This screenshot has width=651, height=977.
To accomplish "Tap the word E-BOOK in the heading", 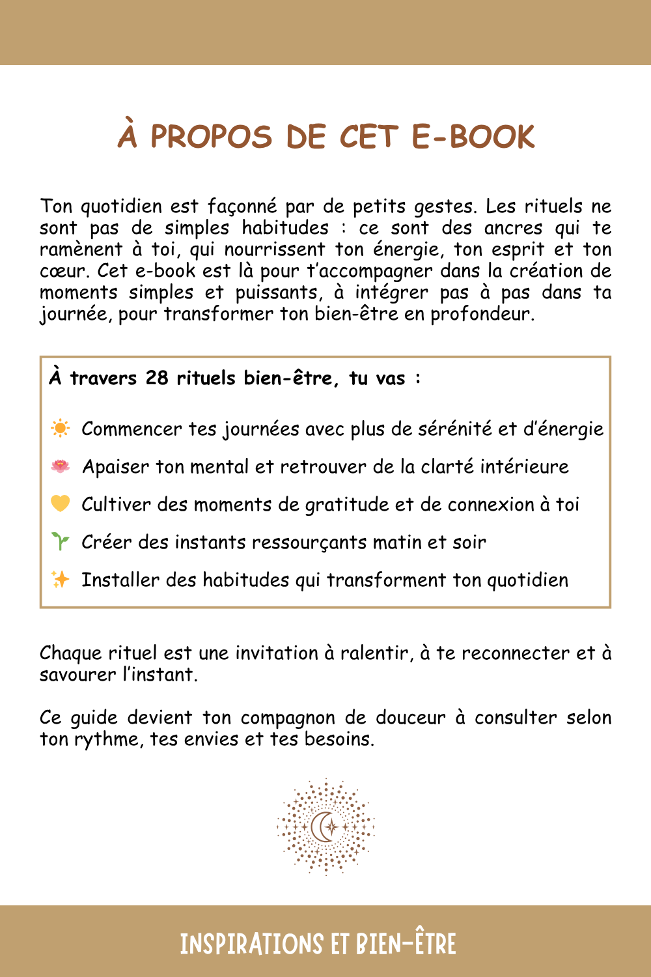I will tap(473, 137).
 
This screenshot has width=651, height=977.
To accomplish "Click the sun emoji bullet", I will tap(60, 429).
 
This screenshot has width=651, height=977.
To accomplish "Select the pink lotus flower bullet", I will tap(60, 466).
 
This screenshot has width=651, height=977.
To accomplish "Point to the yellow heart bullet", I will tap(60, 503).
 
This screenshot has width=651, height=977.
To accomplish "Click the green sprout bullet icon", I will tap(60, 541).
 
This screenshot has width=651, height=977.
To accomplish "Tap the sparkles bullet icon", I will tap(60, 579).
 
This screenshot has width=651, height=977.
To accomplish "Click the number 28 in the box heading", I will tap(157, 378).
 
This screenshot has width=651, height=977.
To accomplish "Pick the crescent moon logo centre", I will tap(325, 827).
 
